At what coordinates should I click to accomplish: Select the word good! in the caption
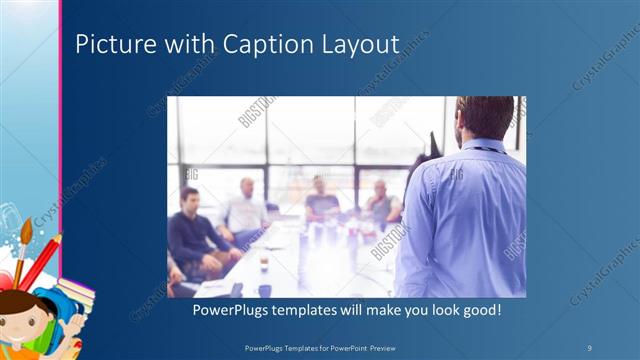click(x=478, y=311)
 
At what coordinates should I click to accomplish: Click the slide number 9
click(x=590, y=347)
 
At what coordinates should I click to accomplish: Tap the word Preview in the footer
click(x=386, y=347)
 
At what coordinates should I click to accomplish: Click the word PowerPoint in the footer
click(x=348, y=347)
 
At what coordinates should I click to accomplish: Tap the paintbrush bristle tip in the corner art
click(x=27, y=228)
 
